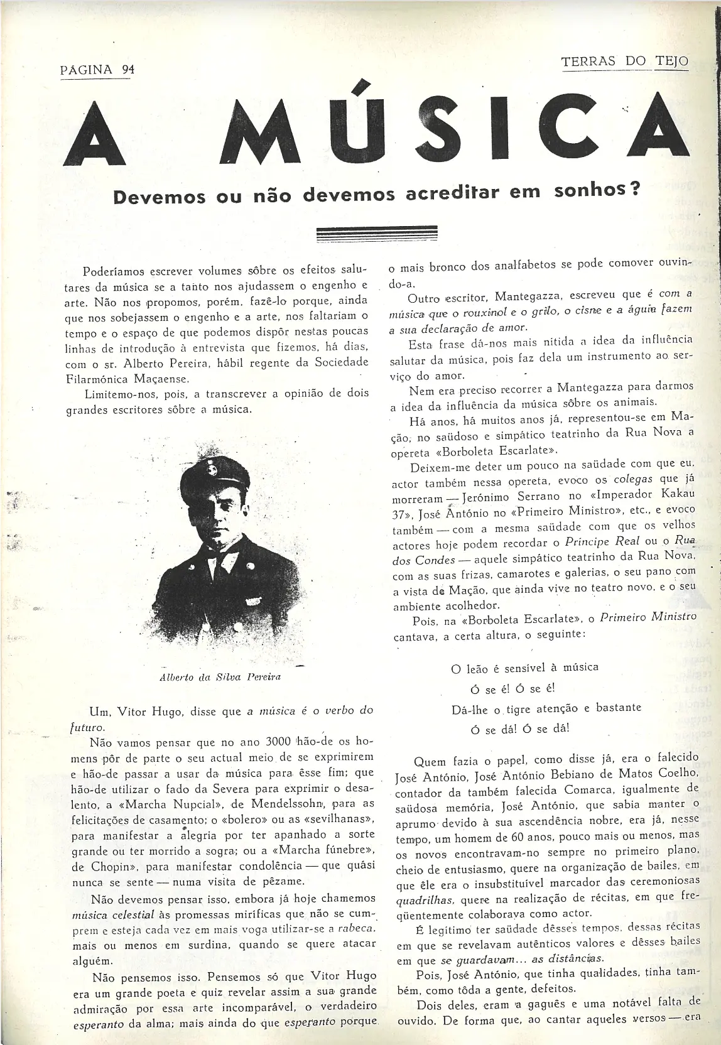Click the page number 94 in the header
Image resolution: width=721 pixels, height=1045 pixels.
[x=128, y=70]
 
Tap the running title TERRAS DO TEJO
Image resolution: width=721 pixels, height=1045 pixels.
[x=624, y=62]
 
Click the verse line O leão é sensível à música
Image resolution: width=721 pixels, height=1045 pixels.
[x=524, y=667]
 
